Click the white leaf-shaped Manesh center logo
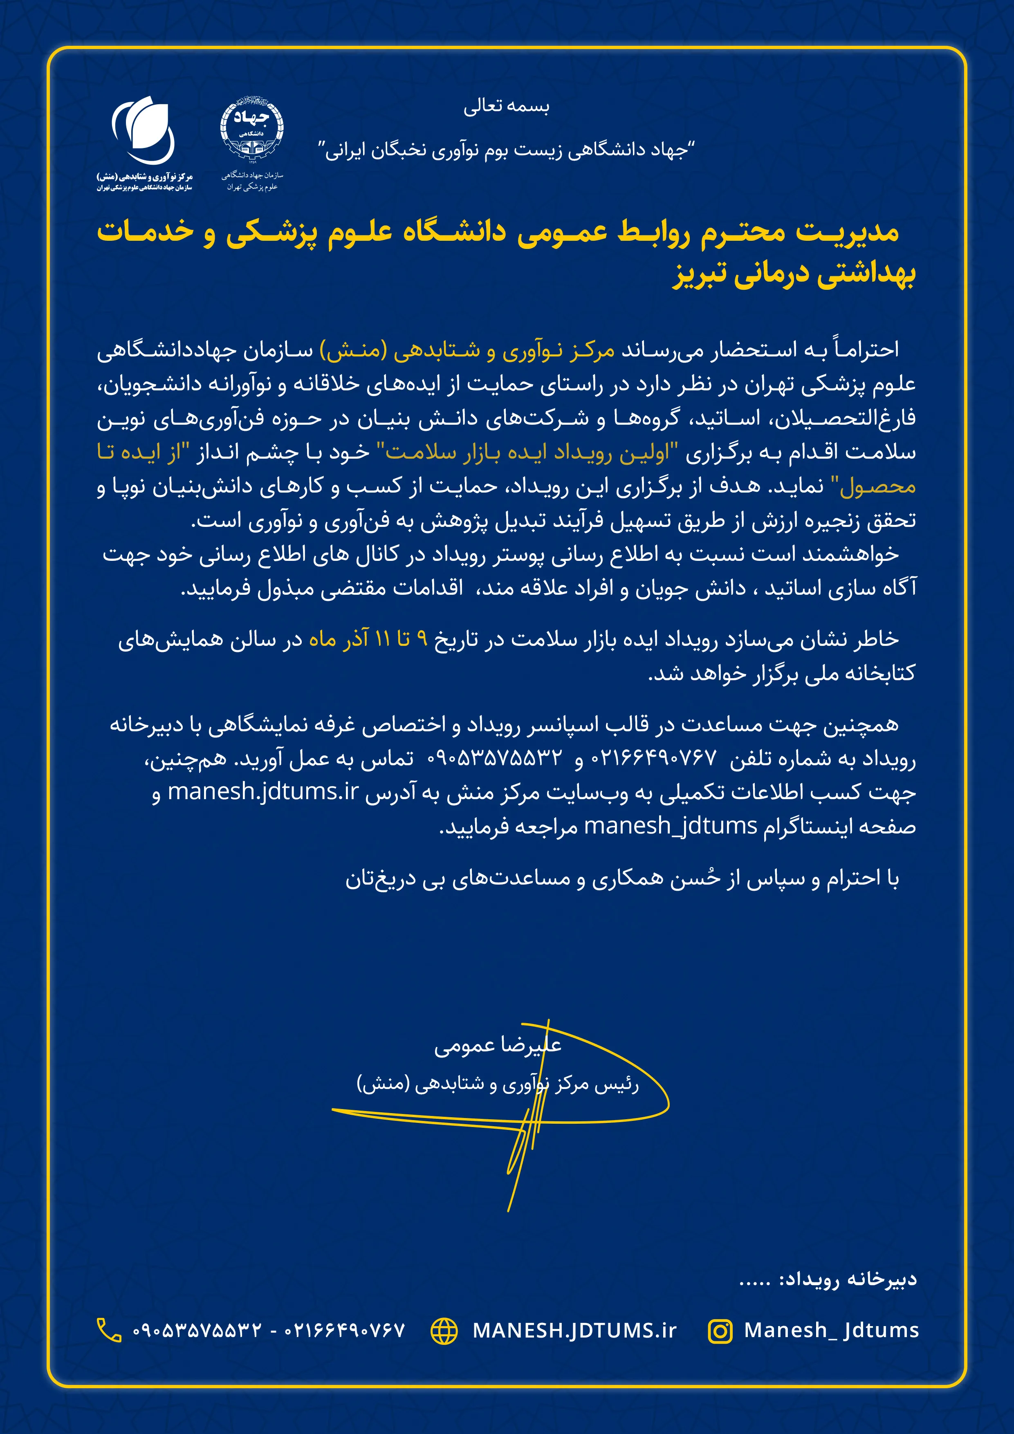144,130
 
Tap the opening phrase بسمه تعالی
506,107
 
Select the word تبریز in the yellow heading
697,275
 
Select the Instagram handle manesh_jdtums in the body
671,826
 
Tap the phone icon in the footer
109,1330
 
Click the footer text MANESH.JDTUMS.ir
574,1330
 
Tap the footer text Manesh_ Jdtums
831,1330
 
